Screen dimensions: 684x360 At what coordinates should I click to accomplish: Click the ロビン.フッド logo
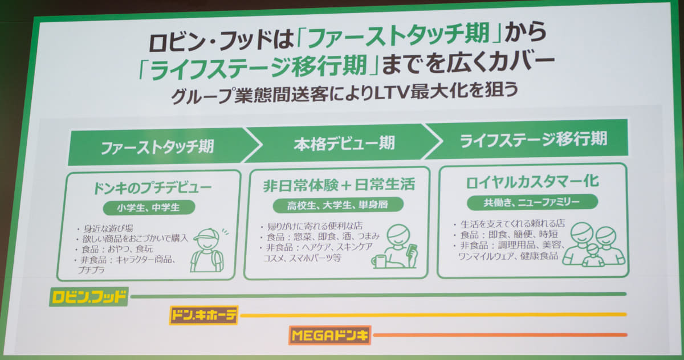pos(88,297)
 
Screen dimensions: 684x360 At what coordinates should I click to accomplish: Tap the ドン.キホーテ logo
pos(203,315)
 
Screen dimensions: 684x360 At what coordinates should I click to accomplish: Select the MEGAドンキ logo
pos(330,336)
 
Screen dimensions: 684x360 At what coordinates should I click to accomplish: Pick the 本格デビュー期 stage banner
pos(344,143)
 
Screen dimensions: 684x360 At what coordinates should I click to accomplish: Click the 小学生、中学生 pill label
pos(149,208)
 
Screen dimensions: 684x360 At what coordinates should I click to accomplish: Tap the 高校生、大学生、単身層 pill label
pos(337,204)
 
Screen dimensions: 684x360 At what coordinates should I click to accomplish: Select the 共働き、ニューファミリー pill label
pos(532,202)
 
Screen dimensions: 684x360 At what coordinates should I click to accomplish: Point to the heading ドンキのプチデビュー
pos(152,187)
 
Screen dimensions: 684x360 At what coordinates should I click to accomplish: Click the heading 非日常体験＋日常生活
pos(339,185)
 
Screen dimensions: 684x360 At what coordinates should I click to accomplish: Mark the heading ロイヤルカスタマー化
pos(532,182)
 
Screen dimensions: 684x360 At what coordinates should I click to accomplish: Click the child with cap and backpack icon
pos(207,250)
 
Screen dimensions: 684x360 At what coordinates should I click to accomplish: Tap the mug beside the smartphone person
pos(378,261)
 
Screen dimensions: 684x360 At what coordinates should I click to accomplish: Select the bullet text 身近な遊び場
pos(108,228)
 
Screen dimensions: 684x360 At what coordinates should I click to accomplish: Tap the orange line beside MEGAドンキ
pos(500,335)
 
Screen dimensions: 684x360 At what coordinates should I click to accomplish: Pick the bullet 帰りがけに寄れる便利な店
pos(315,226)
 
